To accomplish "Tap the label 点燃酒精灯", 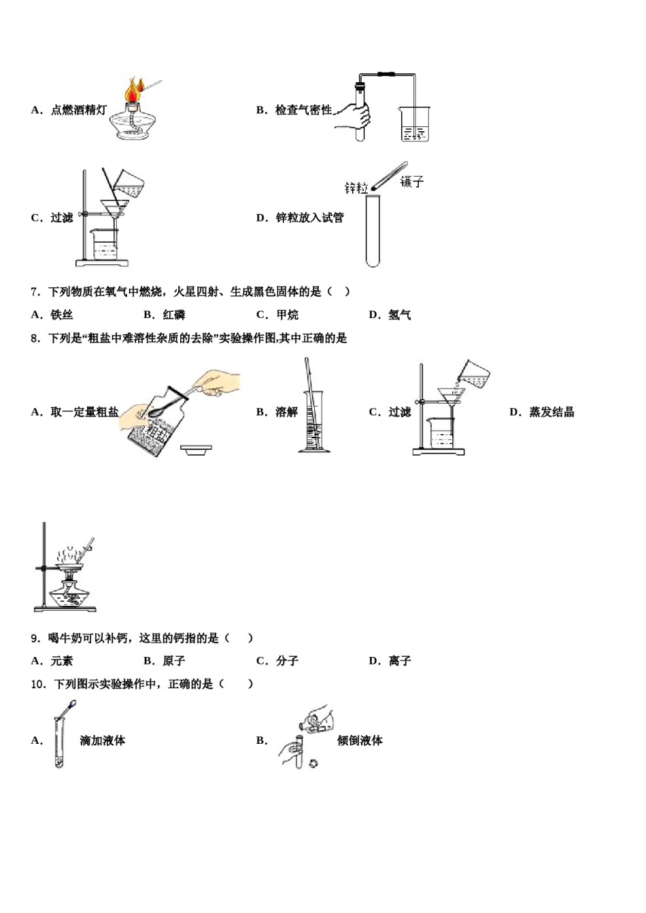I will point(78,110).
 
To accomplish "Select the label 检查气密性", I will point(303,110).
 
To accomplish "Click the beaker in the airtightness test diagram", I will point(414,124).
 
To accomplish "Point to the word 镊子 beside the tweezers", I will point(411,181).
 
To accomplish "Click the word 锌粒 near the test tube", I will point(356,187).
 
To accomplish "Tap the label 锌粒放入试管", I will point(309,218).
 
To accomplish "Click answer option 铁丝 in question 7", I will point(61,315).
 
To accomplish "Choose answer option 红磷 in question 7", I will point(174,315).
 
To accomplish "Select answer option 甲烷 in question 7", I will point(287,315).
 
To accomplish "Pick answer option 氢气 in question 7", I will point(399,315).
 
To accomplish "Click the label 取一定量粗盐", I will point(84,412).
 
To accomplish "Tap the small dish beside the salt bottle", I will point(196,449).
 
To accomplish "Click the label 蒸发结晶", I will point(551,412).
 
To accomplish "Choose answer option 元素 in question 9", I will point(61,661).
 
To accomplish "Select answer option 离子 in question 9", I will point(399,661).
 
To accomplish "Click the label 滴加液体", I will point(102,741).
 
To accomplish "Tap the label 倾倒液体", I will point(360,741).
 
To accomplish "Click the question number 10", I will point(38,684).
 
